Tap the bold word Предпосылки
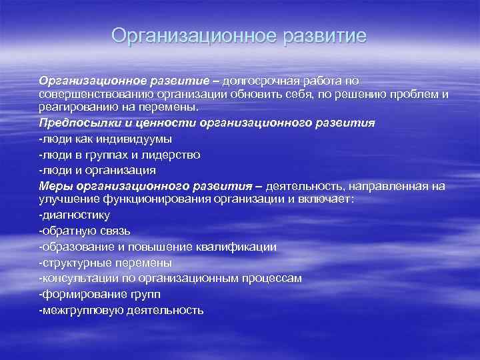tap(73, 123)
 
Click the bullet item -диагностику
tap(75, 215)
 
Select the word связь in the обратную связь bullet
tap(115, 231)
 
